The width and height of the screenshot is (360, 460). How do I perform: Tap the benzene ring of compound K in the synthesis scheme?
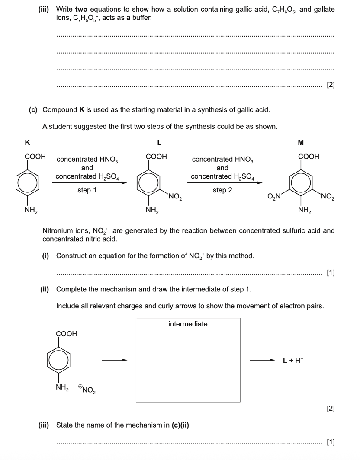[29, 182]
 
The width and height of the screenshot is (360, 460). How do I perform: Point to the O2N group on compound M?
[274, 198]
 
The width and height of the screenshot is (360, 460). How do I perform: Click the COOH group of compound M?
[309, 157]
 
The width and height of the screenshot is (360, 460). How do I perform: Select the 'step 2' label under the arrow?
[222, 190]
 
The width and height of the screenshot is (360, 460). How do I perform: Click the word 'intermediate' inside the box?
[188, 324]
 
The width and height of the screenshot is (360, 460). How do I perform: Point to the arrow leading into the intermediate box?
[114, 360]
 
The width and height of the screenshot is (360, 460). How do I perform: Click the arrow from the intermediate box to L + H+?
[262, 360]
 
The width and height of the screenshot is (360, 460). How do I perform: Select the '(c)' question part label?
[33, 110]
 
